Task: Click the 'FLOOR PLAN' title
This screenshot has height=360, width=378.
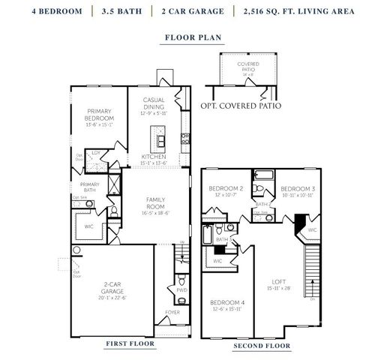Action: click(x=187, y=36)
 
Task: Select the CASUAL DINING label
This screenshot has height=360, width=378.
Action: click(x=152, y=104)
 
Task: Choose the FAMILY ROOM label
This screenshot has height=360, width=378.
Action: click(x=155, y=202)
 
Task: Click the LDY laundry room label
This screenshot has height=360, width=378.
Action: click(x=96, y=152)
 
